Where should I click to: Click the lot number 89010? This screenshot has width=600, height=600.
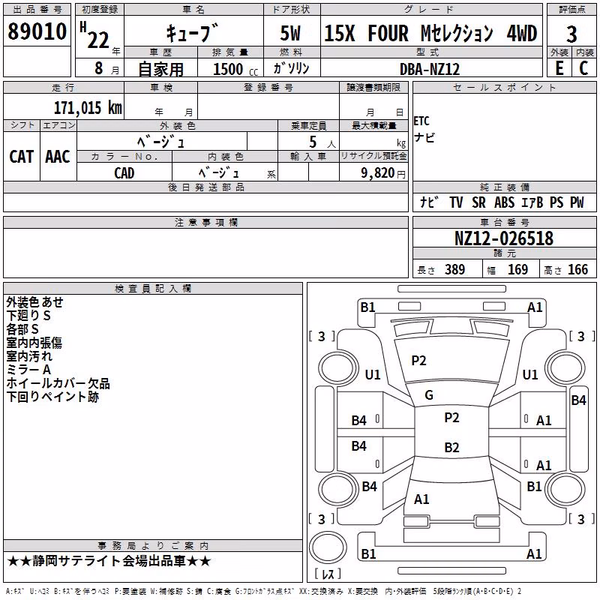coord(37,31)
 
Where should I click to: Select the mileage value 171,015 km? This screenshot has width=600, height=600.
coord(88,108)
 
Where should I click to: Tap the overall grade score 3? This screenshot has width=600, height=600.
coord(571,34)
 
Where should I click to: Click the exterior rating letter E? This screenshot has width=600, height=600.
coord(559,68)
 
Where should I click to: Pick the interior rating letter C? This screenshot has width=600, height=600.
coord(583,68)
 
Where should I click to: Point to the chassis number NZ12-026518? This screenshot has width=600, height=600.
coord(504,238)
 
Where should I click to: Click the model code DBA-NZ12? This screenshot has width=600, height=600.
coord(429,69)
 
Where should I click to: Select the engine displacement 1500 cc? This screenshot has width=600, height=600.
coord(235,69)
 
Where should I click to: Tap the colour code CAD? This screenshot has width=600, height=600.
coord(124,173)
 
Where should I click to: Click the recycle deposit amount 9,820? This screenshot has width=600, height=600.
coord(378,173)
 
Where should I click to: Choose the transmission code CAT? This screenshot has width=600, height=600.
coord(22,157)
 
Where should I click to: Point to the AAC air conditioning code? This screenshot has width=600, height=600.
coord(58,157)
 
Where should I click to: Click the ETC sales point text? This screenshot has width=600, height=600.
coord(421,121)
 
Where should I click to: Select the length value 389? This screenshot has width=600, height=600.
coord(454,269)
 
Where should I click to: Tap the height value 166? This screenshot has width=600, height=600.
coord(577,269)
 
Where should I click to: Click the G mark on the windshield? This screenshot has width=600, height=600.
coord(429,395)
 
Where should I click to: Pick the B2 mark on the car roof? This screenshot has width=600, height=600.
coord(451,447)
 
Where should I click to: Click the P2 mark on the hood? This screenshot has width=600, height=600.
coord(418,361)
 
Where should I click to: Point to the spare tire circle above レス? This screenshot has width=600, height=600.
coord(328,547)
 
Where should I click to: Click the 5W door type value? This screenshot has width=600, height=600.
coord(290,33)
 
